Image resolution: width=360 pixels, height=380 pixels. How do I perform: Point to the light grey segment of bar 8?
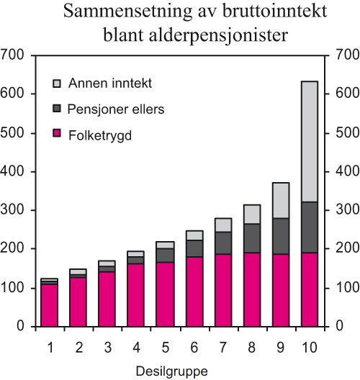pos(251,214)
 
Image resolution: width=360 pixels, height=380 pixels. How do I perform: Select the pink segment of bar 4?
pos(135,295)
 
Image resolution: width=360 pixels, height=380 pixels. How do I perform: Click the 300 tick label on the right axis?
pos(341,211)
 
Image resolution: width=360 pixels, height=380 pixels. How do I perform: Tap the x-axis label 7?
pos(222,348)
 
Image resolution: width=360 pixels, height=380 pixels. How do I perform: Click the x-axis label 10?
pos(308,348)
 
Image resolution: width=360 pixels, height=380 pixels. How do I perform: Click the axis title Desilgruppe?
pos(179,371)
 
